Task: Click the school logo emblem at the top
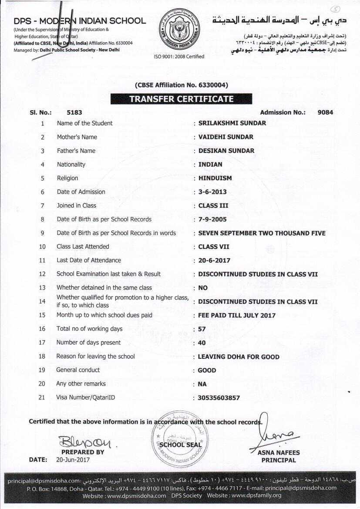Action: [x=179, y=29]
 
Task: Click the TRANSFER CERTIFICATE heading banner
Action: [x=181, y=99]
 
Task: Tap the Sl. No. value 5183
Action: [x=74, y=112]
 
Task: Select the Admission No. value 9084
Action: [x=325, y=112]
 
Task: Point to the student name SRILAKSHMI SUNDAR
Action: [x=232, y=123]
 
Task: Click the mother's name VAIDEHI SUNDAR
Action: [x=225, y=137]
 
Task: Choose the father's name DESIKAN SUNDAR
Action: [x=226, y=151]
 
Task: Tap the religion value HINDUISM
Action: [x=215, y=178]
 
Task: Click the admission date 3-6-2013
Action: [x=212, y=192]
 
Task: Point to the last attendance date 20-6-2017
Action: [x=214, y=260]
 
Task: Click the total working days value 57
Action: [x=202, y=329]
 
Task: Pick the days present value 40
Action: [x=202, y=343]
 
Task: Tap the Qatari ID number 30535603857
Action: [x=219, y=398]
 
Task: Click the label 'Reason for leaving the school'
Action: [x=95, y=356]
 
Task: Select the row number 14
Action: [x=42, y=301]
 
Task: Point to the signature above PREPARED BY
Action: [x=85, y=443]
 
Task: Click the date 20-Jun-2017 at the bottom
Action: [x=73, y=459]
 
